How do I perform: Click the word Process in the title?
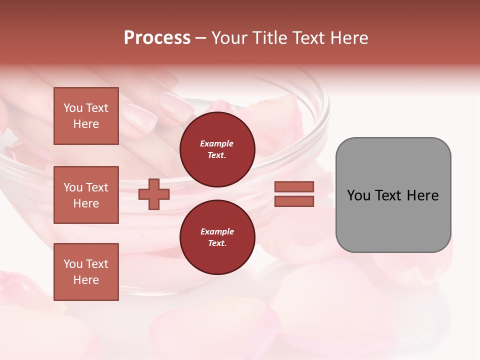(157, 38)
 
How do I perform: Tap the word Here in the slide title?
(349, 38)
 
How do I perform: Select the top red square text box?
(86, 116)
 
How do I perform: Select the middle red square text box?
(86, 195)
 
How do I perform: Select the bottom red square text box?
(86, 271)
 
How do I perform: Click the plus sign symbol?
(154, 194)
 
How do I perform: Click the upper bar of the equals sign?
(294, 186)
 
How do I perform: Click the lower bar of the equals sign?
(294, 201)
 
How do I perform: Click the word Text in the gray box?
(388, 195)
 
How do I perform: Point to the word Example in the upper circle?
(217, 143)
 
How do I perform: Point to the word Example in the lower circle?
(217, 231)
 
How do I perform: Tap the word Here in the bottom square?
(86, 280)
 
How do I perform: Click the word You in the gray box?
(358, 195)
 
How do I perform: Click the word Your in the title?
(228, 38)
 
